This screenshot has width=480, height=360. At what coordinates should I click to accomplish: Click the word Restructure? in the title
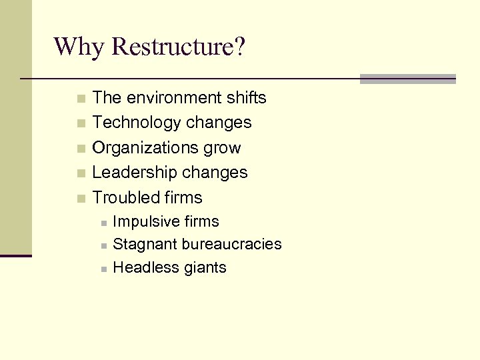179,47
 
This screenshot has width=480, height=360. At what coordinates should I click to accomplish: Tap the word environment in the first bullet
176,98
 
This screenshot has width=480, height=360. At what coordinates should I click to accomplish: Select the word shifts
245,98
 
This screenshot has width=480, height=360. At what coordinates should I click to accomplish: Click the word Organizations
147,148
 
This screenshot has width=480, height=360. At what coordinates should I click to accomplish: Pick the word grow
224,148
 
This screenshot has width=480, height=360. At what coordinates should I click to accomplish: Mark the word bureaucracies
231,245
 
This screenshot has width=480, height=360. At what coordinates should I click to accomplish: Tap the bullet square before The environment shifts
81,99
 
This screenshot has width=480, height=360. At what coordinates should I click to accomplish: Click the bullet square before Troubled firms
81,199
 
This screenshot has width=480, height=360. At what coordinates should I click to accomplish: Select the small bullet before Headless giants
103,269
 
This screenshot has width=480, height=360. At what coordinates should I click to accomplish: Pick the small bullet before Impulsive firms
103,223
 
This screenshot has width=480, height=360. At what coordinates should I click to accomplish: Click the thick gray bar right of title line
407,79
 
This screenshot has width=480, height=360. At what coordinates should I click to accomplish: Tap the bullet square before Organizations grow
81,149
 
